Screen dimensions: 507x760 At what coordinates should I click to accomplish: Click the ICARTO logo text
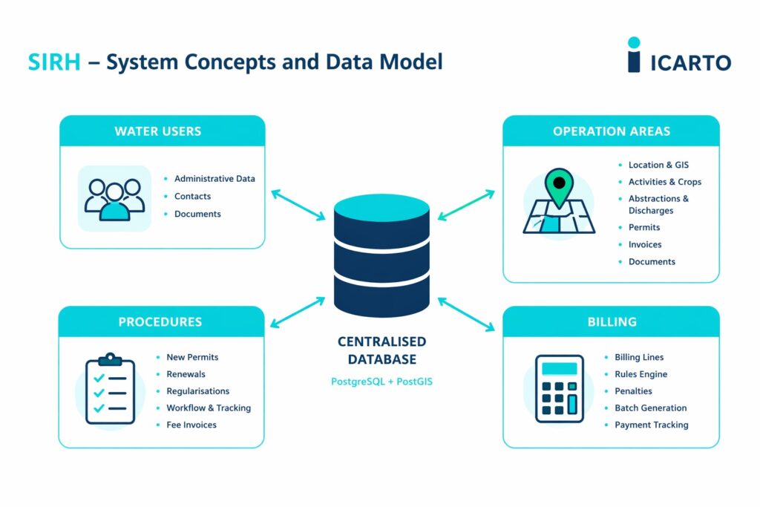click(690, 62)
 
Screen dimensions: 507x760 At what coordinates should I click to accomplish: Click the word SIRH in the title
click(53, 62)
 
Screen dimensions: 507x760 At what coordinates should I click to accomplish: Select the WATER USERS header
click(162, 131)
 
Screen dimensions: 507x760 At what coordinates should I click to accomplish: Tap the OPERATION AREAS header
click(611, 131)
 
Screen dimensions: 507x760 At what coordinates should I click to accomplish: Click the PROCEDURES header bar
click(161, 322)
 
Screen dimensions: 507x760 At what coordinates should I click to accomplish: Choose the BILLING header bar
click(611, 322)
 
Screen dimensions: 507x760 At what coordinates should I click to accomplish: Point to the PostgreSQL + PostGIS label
click(381, 382)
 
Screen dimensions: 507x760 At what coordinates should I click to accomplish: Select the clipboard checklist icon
click(110, 389)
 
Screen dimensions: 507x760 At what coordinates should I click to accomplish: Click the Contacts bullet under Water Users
click(192, 197)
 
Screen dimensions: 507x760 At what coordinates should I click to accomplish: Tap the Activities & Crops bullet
click(664, 182)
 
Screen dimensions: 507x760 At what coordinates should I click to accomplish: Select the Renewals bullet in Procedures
click(186, 374)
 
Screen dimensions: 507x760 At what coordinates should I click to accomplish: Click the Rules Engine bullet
click(641, 374)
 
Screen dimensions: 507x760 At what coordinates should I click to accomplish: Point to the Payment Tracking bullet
click(651, 425)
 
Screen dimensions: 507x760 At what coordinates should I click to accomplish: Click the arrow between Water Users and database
click(298, 204)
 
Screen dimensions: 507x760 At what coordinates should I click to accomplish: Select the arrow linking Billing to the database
click(466, 314)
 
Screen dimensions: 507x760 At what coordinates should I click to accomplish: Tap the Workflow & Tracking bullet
click(209, 408)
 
